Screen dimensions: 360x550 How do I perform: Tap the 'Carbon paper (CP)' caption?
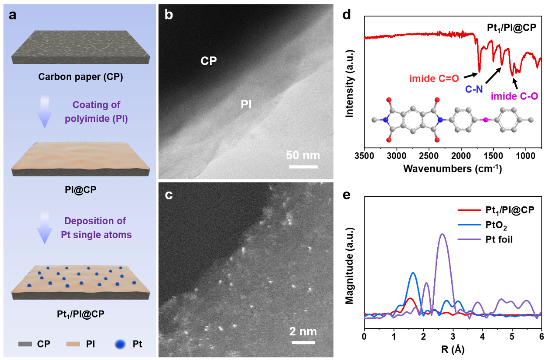[x=81, y=78]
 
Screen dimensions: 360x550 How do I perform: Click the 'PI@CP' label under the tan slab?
[x=81, y=189]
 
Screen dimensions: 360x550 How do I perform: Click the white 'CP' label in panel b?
[x=208, y=61]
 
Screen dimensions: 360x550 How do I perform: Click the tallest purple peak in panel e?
[x=442, y=235]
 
